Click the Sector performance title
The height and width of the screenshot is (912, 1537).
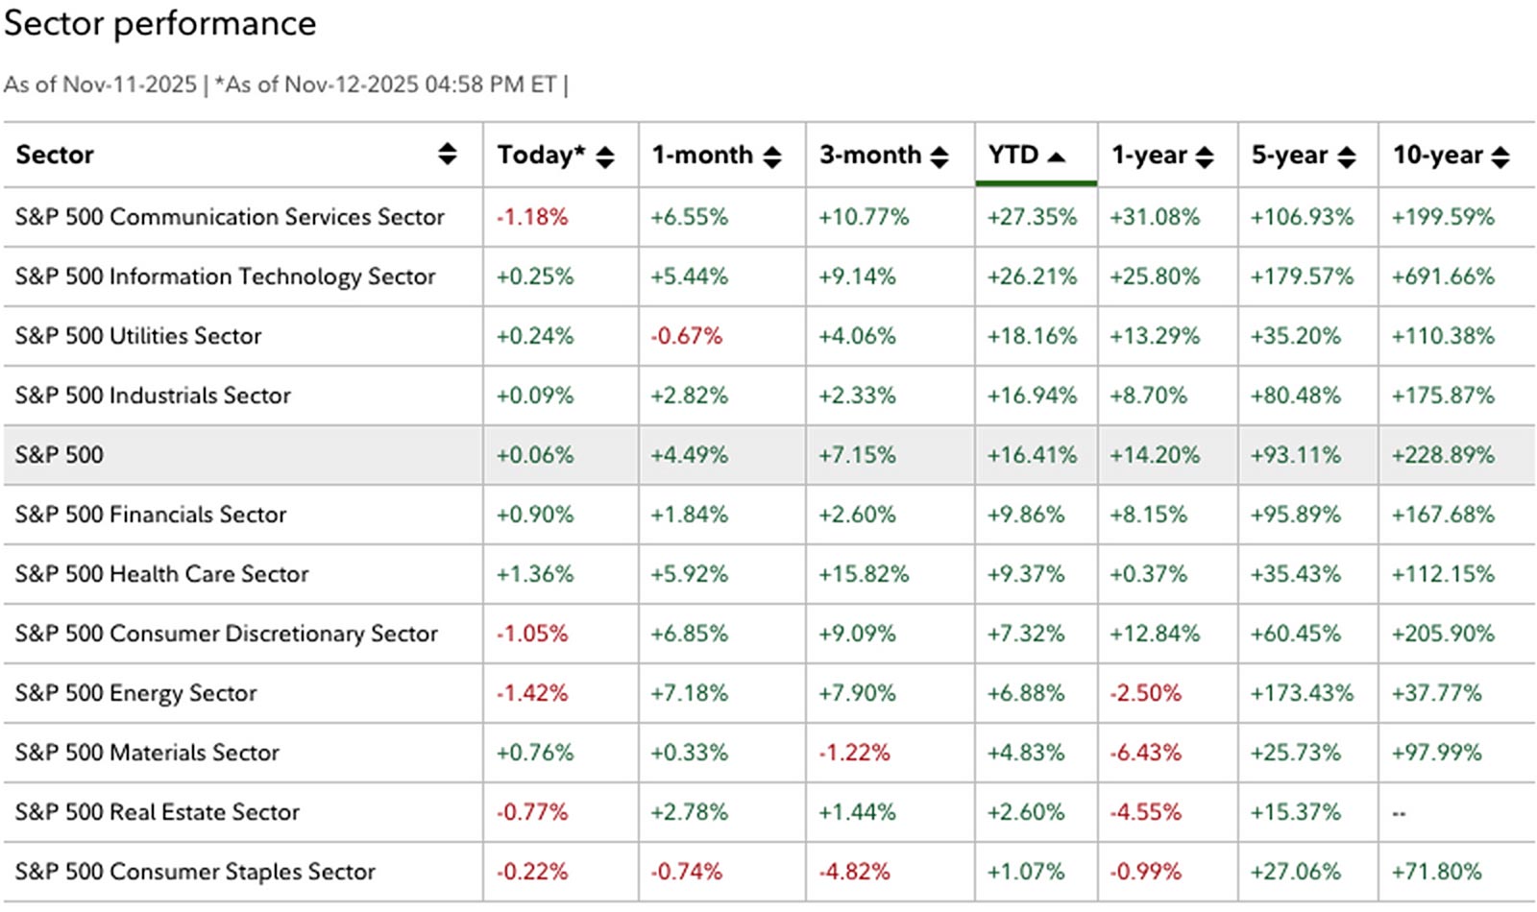click(x=159, y=24)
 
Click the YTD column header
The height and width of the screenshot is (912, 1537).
click(x=1013, y=156)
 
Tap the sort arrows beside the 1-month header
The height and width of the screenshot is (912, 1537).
click(x=772, y=156)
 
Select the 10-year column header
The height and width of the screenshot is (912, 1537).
click(x=1438, y=156)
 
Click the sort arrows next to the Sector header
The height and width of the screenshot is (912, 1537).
click(x=448, y=154)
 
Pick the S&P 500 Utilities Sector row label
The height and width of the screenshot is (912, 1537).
click(x=138, y=336)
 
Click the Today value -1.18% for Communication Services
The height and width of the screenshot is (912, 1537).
click(x=532, y=217)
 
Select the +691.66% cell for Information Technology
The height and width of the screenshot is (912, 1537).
click(x=1443, y=276)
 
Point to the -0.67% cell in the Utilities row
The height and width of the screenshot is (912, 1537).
click(x=686, y=336)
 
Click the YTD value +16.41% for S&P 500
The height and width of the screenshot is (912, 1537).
click(x=1032, y=455)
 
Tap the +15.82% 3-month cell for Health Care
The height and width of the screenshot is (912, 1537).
click(x=863, y=574)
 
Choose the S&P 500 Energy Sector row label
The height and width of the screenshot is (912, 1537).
click(x=136, y=693)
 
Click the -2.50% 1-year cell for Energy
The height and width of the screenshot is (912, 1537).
click(x=1145, y=693)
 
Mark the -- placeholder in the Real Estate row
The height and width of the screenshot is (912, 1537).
click(x=1399, y=813)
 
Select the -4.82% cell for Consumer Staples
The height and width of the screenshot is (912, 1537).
click(x=854, y=872)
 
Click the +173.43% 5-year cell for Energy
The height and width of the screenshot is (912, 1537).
click(x=1301, y=693)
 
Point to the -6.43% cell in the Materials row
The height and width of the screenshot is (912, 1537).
click(x=1145, y=753)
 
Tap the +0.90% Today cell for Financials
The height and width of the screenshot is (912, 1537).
click(x=534, y=515)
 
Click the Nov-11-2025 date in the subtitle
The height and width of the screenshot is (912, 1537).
click(x=130, y=84)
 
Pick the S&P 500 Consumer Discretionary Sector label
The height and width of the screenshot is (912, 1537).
click(x=227, y=634)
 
